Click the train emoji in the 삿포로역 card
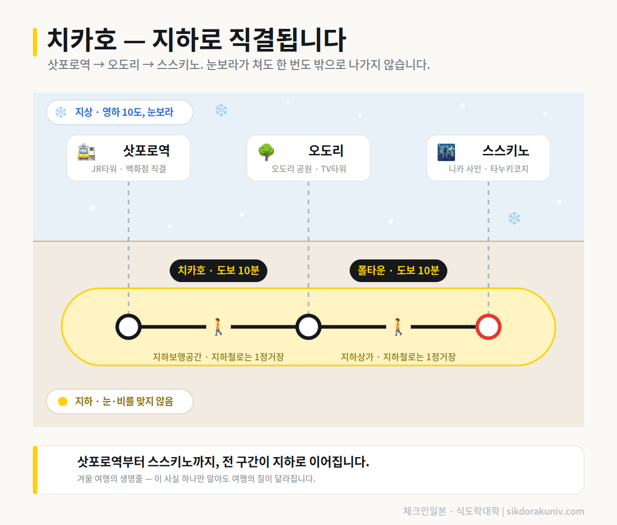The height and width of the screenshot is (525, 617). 86,152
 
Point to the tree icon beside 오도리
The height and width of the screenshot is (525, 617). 266,152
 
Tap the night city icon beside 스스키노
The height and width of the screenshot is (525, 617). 446,152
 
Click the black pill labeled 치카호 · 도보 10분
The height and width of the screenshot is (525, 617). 219,270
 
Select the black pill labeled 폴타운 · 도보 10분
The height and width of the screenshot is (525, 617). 398,270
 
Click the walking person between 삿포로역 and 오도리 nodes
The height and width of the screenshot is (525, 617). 218,327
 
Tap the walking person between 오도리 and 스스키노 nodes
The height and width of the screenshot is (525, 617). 398,327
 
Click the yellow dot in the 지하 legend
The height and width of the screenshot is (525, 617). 63,401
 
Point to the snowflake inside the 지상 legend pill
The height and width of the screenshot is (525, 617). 61,112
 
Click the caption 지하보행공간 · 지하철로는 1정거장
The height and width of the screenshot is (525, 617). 218,357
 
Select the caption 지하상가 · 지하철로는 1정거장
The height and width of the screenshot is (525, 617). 398,357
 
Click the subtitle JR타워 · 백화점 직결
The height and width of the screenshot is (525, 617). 129,169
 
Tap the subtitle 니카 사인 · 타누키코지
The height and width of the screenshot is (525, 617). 488,169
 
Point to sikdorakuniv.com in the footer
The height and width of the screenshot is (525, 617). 545,511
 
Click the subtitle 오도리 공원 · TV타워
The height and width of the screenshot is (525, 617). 308,169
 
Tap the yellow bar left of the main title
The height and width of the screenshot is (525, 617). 35,42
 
